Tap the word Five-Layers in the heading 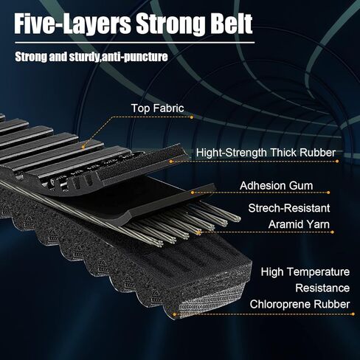72,24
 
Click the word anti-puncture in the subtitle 134,57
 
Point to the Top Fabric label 157,108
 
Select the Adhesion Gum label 277,186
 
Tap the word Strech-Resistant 289,208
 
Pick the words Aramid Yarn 299,224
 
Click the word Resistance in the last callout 322,288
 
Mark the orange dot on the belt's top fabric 83,148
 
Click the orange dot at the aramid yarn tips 198,232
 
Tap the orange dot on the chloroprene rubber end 174,314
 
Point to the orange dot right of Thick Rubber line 337,162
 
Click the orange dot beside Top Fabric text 192,117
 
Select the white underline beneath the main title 134,43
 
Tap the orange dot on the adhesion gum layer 193,193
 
